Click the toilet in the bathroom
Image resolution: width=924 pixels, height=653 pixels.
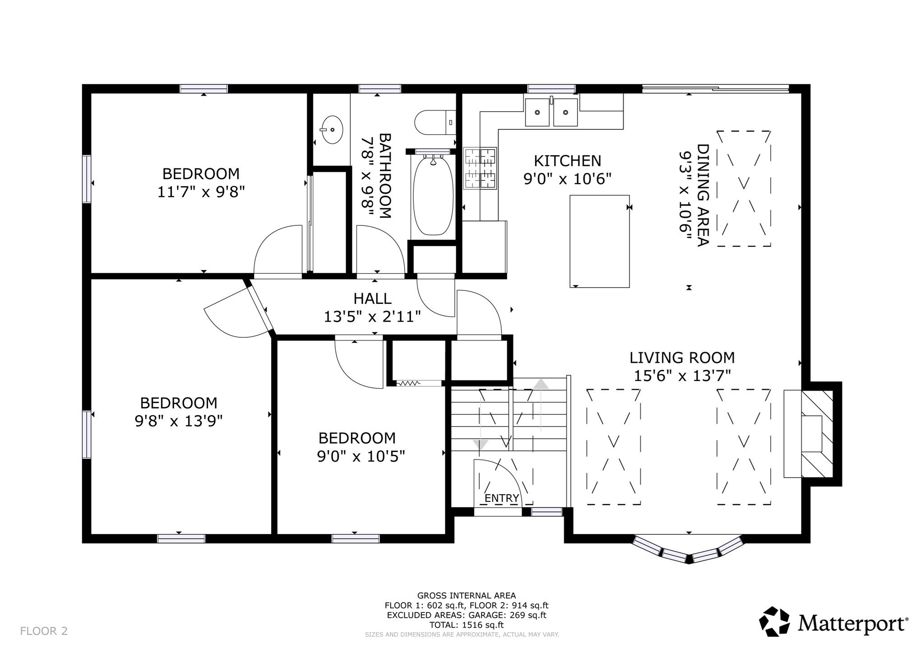pos(435,122)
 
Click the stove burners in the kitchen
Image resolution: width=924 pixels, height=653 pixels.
pos(480,169)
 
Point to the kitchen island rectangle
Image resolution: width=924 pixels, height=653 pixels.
pos(599,241)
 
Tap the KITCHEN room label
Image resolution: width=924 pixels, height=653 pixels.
pos(567,161)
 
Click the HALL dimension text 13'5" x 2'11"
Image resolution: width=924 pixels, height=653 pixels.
pos(372,317)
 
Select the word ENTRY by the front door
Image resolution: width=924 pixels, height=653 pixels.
pos(501,498)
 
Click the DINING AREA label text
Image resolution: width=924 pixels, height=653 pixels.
pos(703,195)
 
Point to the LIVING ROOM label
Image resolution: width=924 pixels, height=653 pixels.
pos(682,358)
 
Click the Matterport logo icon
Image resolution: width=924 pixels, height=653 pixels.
pos(774,622)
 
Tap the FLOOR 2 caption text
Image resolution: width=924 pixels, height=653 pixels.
pos(44,631)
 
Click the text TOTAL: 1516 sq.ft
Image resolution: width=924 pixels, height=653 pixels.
pos(467,625)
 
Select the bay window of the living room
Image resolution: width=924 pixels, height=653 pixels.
pos(688,549)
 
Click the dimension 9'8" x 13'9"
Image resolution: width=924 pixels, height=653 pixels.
pos(179,421)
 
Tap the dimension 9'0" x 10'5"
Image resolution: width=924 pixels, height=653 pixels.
pos(361,456)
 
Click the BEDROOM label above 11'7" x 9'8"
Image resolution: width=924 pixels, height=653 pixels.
pos(201,174)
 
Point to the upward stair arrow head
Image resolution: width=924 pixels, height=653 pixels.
pos(541,384)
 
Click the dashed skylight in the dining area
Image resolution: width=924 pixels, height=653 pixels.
pos(744,189)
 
